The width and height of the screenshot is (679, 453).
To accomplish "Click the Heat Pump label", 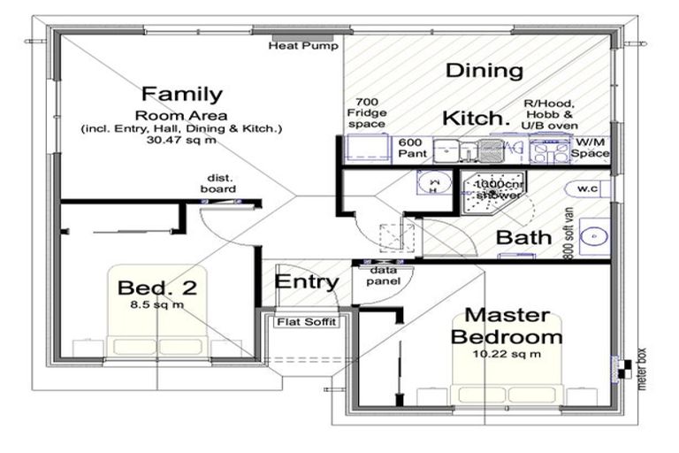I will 303,46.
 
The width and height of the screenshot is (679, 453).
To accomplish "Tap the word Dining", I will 484,71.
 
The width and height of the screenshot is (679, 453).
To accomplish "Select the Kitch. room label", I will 477,118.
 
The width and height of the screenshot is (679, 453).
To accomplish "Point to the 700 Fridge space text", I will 366,112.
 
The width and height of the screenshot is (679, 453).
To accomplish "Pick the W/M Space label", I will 591,148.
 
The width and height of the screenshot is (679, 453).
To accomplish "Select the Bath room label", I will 523,237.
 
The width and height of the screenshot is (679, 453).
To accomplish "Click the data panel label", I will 382,275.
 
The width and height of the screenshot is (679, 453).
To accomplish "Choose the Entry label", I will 306,282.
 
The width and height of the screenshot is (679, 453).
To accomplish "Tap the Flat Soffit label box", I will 306,322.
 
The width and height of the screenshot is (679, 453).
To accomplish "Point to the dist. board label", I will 221,183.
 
